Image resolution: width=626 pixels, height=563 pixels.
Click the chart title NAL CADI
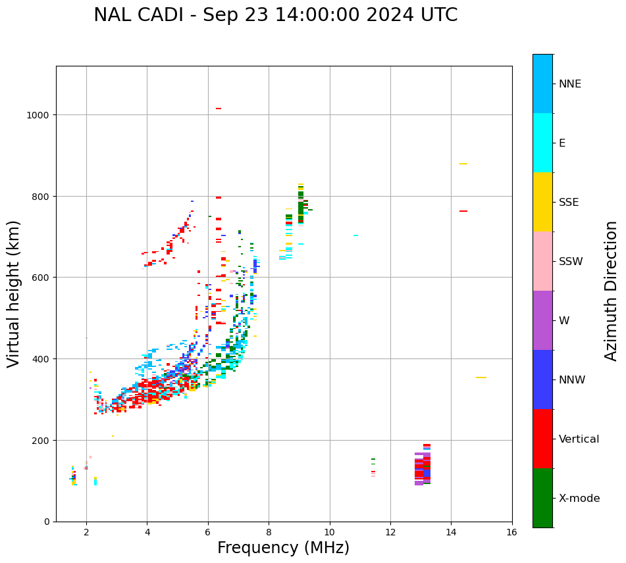tap(275, 15)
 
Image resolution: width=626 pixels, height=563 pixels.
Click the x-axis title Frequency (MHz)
tap(283, 548)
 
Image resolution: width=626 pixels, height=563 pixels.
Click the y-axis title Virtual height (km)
tap(14, 293)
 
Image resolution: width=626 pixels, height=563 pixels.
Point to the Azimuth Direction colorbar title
tap(612, 290)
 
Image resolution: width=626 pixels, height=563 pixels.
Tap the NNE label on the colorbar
tap(570, 84)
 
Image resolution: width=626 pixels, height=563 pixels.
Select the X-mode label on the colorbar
tap(579, 498)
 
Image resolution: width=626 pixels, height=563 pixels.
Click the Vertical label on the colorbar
tap(579, 439)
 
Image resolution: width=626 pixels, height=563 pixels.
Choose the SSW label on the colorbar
tap(571, 261)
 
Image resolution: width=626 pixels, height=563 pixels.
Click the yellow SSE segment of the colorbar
tap(542, 202)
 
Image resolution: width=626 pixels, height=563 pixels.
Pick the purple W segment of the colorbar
tap(542, 320)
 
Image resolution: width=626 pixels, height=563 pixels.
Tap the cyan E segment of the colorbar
tap(542, 143)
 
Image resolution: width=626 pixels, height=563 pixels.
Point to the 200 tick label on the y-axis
tap(43, 440)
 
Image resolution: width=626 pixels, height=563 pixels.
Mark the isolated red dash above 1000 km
tap(219, 109)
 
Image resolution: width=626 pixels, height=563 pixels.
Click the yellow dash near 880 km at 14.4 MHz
tap(463, 164)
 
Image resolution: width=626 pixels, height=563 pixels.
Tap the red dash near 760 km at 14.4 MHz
tap(463, 211)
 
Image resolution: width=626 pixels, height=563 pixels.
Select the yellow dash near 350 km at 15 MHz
tap(481, 378)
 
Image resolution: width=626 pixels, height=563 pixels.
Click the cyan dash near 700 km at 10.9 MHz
tap(355, 235)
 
